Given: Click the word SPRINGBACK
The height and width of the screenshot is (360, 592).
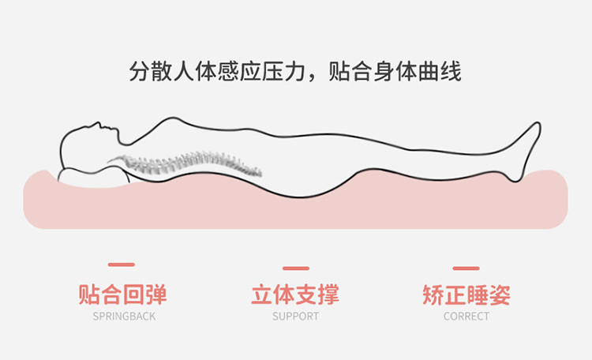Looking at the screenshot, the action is coord(124,317).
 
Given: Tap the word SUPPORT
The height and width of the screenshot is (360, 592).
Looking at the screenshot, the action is coord(295,317).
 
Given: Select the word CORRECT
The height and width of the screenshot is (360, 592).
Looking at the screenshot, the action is coord(466,317).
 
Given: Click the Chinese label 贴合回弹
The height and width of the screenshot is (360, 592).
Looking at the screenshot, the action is coord(123,295).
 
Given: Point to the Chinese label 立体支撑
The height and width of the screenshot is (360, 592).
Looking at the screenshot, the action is coord(295,295).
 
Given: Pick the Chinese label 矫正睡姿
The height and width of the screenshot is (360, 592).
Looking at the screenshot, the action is coord(466,295).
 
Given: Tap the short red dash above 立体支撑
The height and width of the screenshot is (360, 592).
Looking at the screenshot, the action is coord(295,268).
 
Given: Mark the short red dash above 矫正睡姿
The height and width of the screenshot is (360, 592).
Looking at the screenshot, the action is coord(466,268).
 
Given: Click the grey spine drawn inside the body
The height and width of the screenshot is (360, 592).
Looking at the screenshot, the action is coord(189,164).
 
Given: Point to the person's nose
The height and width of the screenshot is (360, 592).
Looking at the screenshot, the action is coord(101,125).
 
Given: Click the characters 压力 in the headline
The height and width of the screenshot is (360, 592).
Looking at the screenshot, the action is coord(282,72).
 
